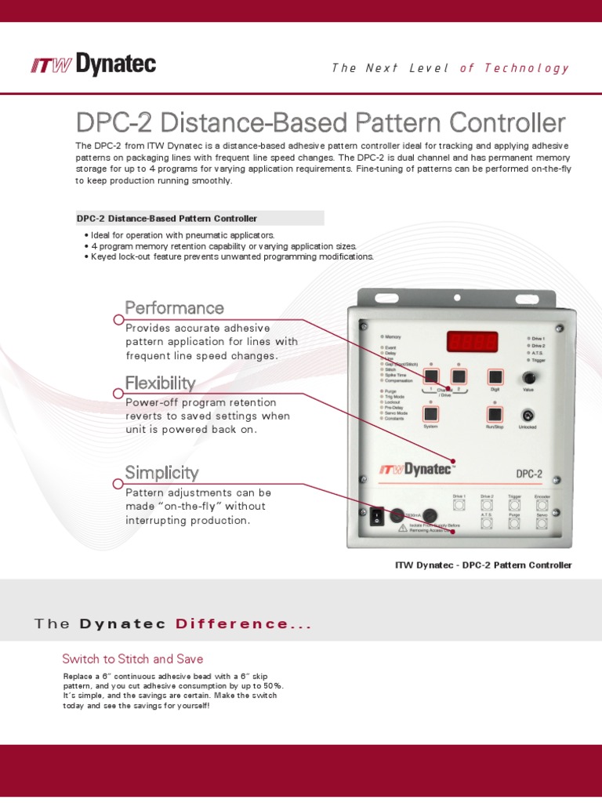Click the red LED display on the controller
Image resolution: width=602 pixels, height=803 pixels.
473,342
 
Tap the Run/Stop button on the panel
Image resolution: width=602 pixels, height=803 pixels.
495,415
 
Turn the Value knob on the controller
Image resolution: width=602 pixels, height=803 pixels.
529,378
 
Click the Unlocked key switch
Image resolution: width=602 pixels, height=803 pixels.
528,415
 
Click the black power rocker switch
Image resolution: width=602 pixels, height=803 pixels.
375,515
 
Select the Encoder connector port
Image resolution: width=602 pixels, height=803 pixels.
542,505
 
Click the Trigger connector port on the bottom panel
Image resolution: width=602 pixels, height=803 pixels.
514,505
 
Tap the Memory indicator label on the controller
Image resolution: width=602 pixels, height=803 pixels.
393,336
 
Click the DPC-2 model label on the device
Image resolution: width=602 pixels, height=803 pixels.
529,473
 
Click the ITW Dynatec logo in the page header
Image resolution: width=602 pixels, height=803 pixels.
93,65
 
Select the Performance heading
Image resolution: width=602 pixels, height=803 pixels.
174,307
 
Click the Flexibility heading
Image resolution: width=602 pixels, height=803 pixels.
160,383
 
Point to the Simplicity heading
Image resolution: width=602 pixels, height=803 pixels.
161,472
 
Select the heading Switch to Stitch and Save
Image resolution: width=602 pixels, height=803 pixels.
132,659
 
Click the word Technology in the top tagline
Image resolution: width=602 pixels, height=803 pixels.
526,67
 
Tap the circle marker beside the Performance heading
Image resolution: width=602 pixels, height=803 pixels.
118,319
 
